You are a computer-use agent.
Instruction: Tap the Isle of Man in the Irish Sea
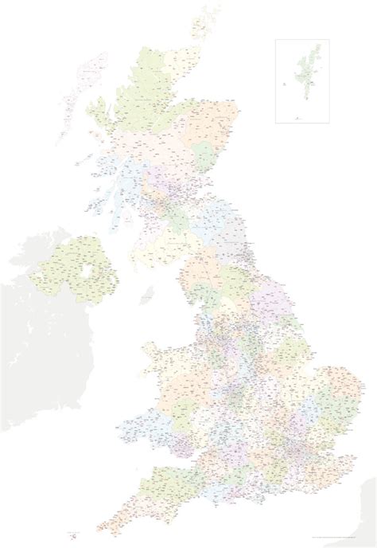point(147,296)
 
